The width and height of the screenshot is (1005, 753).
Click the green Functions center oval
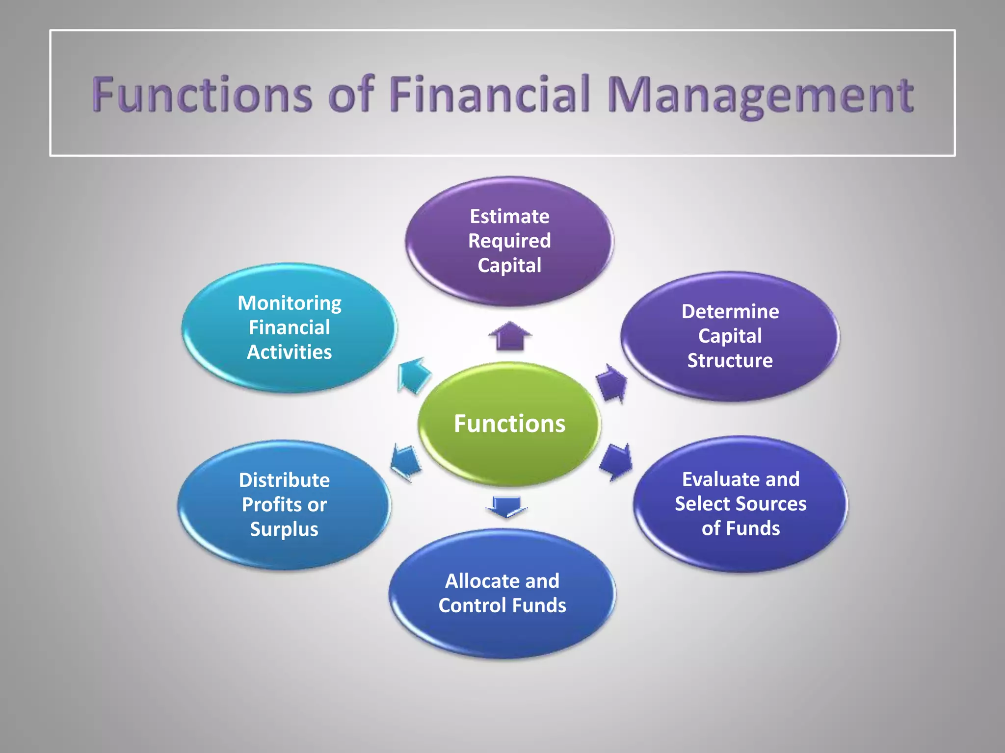[509, 424]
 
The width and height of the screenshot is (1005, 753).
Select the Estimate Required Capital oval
[509, 241]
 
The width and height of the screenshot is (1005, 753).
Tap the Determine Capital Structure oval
[730, 336]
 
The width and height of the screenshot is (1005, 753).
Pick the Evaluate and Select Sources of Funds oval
[741, 504]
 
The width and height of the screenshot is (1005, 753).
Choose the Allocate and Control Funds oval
[502, 593]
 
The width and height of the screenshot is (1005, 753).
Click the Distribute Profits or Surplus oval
[284, 504]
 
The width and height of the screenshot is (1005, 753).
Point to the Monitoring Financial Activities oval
[290, 327]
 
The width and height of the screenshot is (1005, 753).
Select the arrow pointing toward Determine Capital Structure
[611, 382]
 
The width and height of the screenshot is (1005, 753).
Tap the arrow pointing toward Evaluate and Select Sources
[616, 462]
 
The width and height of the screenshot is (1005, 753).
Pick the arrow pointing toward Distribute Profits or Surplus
[406, 462]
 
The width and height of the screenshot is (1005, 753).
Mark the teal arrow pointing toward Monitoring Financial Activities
[413, 375]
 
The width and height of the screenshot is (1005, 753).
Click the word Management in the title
[760, 95]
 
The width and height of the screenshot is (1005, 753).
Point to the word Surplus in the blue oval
[284, 529]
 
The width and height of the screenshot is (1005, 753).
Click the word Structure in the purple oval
[730, 361]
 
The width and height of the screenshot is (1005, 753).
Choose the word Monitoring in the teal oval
[290, 303]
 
